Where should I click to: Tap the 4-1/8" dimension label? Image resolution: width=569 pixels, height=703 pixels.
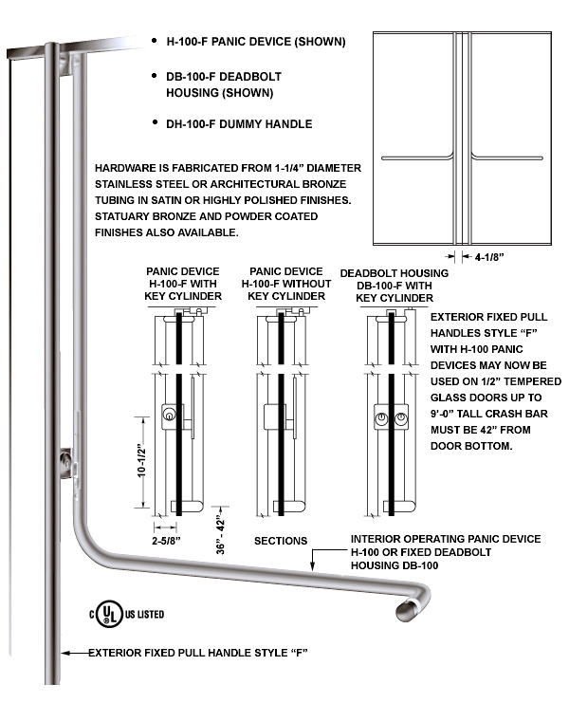pos(489,256)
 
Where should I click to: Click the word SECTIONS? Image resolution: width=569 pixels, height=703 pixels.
pos(280,541)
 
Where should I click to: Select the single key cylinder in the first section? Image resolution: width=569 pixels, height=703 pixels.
pos(169,414)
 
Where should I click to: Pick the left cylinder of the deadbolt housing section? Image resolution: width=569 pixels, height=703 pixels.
pos(381,418)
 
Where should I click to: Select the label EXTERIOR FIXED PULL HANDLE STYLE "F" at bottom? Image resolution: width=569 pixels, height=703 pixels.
pos(199,654)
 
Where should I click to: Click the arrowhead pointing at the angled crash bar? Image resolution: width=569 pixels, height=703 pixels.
pos(312,569)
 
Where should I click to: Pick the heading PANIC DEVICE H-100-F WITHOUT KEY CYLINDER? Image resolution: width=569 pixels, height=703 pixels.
pos(286,284)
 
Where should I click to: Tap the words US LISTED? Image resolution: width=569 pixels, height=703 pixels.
pos(143,615)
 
